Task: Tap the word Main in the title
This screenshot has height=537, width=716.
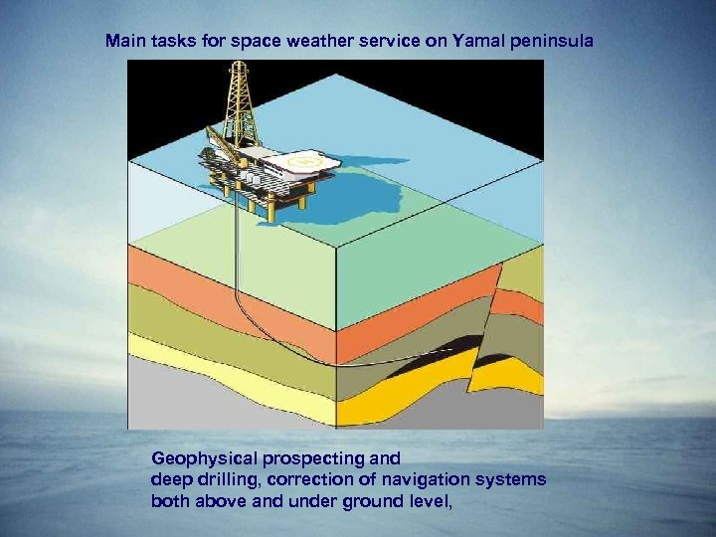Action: click(x=125, y=42)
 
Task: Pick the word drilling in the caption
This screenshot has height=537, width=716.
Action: click(x=222, y=480)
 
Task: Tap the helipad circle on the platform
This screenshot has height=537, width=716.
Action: click(x=297, y=158)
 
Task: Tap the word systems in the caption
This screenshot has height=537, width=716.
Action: click(x=513, y=480)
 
